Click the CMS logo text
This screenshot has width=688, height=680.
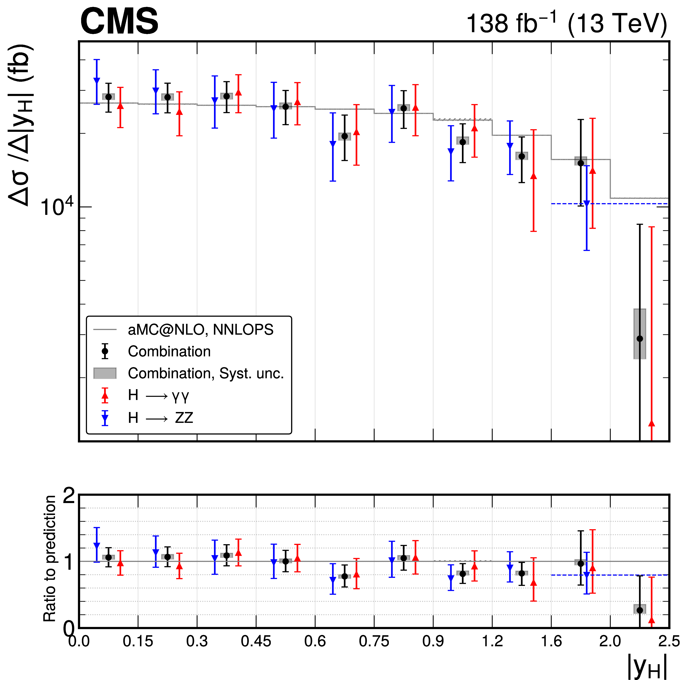click(119, 22)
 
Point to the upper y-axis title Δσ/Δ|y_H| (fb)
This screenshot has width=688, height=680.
click(21, 125)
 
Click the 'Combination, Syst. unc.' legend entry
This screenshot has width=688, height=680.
click(205, 373)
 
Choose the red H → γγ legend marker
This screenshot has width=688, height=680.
click(105, 395)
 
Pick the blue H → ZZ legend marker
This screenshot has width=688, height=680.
click(105, 418)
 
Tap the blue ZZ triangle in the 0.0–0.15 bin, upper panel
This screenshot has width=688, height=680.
click(97, 81)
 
